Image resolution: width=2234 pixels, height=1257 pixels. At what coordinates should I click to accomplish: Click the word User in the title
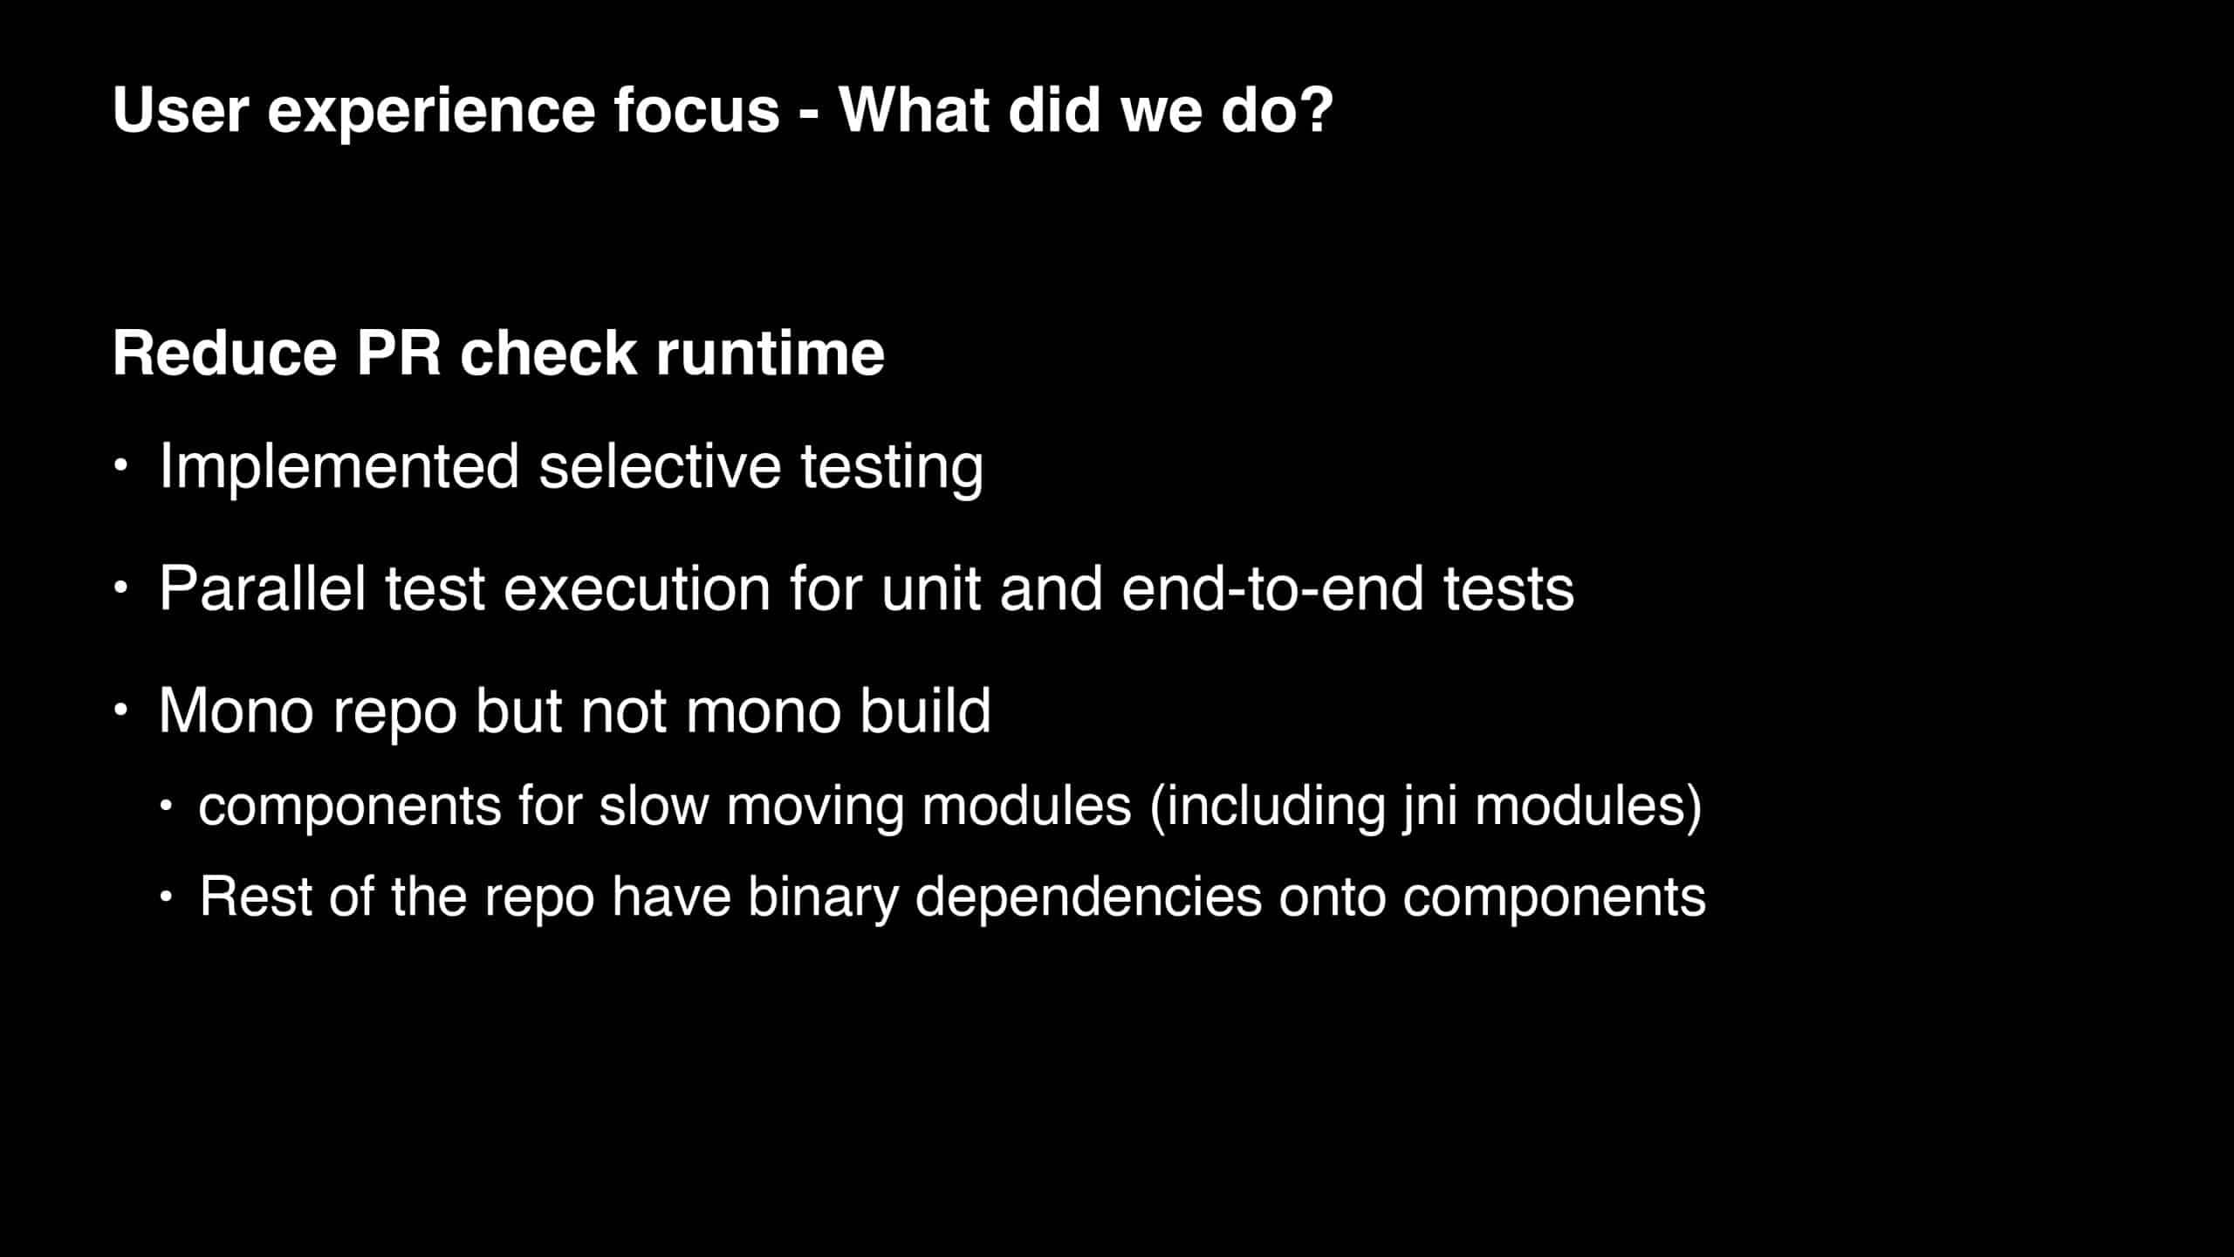pyautogui.click(x=181, y=110)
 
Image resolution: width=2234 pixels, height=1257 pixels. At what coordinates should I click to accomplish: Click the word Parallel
pyautogui.click(x=263, y=587)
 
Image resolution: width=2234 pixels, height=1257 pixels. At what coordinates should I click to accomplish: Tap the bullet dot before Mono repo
pyautogui.click(x=121, y=710)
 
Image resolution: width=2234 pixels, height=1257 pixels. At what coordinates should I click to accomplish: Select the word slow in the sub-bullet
pyautogui.click(x=654, y=805)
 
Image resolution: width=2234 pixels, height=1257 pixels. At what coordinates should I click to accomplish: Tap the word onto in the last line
pyautogui.click(x=1332, y=898)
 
